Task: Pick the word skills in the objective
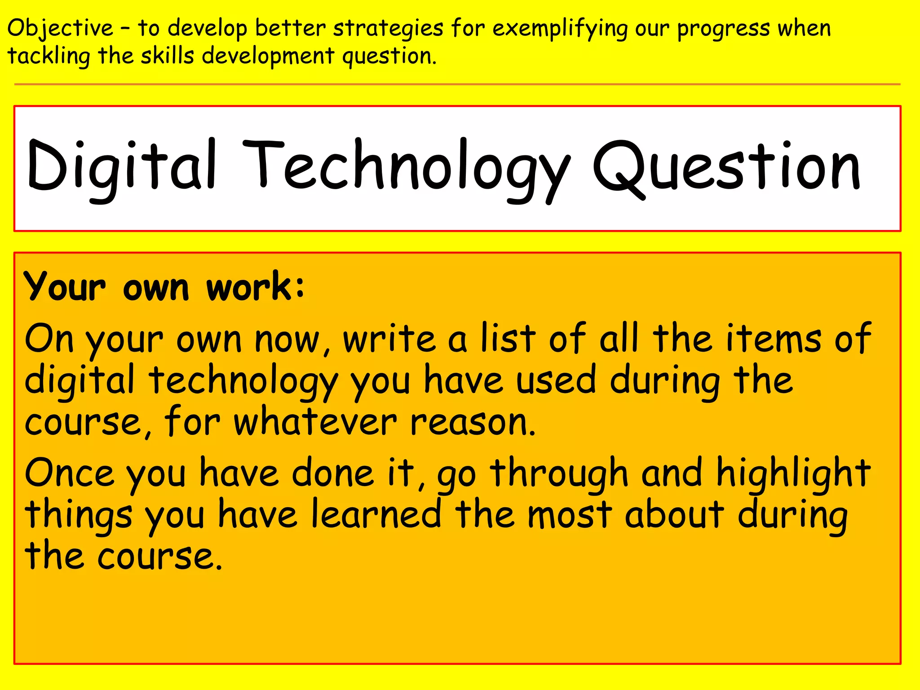[167, 56]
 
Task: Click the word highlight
[793, 474]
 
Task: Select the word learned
[376, 514]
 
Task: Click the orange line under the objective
[457, 84]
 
